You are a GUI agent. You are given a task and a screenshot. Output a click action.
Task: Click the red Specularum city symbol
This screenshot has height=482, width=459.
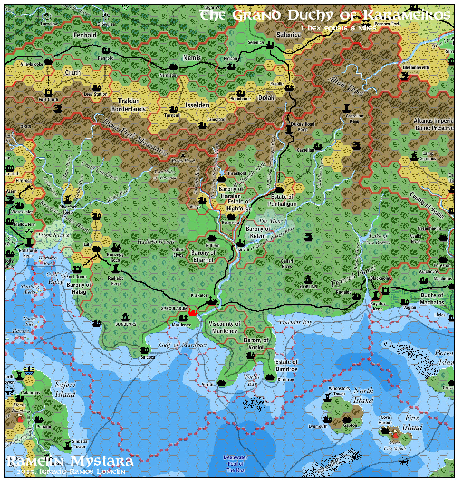(x=193, y=313)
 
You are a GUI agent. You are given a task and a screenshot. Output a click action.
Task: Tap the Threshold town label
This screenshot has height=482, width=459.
(x=236, y=173)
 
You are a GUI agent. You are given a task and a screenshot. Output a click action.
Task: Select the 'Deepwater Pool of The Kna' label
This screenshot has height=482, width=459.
(x=235, y=464)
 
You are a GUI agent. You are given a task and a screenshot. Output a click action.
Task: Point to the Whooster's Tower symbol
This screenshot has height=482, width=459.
(x=327, y=397)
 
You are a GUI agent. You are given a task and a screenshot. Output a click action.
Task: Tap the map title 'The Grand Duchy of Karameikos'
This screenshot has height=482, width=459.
(x=324, y=15)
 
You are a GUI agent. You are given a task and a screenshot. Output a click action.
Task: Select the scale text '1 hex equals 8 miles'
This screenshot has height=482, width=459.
(x=338, y=28)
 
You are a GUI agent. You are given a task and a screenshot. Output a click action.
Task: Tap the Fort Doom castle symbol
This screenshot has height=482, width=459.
(x=77, y=269)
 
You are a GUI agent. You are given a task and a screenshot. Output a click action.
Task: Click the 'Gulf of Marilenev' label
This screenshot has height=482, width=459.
(x=183, y=345)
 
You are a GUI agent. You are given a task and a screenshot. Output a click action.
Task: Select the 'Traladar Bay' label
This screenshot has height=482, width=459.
(x=295, y=322)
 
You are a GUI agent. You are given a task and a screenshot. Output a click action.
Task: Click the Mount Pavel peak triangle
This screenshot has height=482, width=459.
(x=183, y=155)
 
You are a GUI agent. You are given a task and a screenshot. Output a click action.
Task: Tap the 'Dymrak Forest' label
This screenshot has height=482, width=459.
(x=353, y=276)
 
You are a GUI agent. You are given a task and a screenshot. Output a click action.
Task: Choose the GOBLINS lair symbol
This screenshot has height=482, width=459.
(x=308, y=279)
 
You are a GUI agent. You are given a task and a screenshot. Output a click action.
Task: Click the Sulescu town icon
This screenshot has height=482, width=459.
(x=144, y=350)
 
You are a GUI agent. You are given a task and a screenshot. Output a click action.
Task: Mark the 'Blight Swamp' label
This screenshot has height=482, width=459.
(x=53, y=235)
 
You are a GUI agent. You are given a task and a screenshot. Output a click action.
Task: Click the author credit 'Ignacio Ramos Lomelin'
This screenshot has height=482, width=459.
(x=82, y=472)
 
